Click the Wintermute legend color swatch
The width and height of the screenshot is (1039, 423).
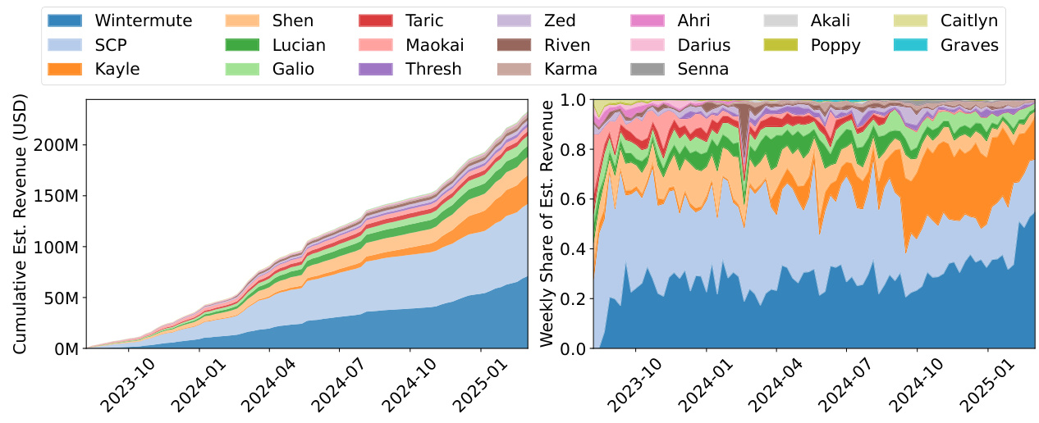(66, 21)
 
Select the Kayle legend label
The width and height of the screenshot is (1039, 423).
(117, 69)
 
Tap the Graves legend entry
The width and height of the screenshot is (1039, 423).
(970, 45)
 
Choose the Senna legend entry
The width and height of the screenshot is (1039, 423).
(703, 69)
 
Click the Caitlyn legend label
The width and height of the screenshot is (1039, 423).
(976, 21)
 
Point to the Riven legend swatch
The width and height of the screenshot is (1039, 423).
(515, 45)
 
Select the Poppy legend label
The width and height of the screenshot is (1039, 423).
(835, 45)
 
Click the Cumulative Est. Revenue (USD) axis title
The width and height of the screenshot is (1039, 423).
(21, 224)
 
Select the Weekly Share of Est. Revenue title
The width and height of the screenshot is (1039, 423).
(547, 224)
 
